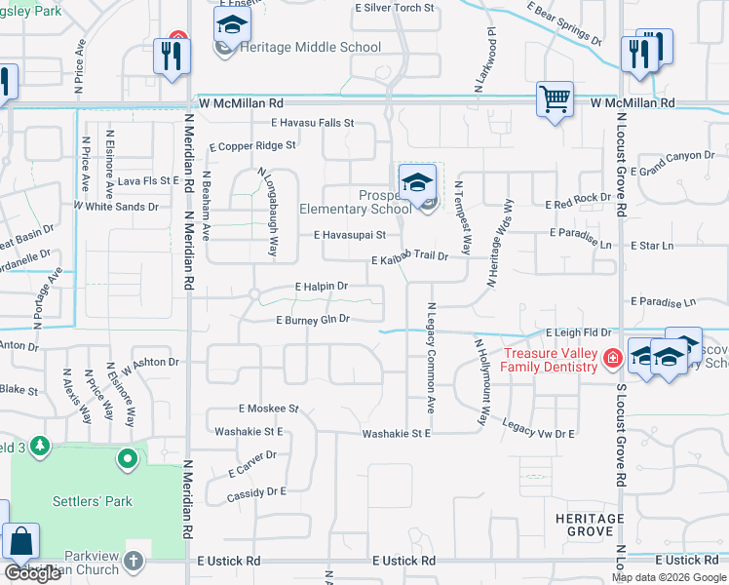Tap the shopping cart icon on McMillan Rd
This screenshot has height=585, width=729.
point(555,97)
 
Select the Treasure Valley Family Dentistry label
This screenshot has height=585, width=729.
point(550,360)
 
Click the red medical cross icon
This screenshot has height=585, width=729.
point(612,358)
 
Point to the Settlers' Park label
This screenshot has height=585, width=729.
point(92,501)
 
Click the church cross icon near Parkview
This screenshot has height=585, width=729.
point(134,561)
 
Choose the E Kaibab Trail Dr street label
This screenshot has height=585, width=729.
point(409,258)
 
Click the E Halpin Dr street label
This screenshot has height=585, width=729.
point(322,287)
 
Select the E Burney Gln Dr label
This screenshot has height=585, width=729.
point(313,319)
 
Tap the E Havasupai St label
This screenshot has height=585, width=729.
point(350,235)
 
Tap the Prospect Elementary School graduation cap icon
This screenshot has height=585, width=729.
point(417,181)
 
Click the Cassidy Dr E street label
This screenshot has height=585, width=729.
point(255,492)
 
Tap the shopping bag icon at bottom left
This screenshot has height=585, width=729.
point(20,542)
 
